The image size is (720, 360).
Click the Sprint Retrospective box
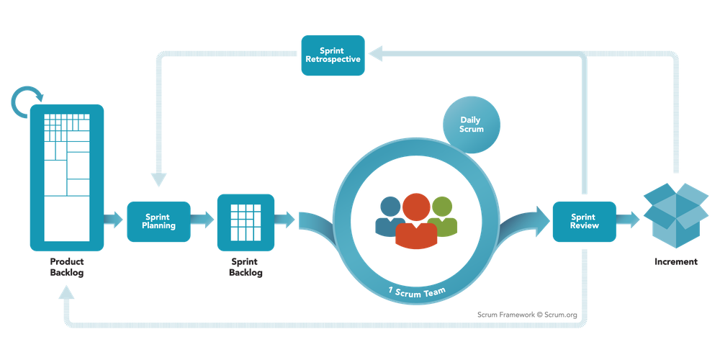[332, 55]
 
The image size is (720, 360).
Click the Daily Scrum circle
[472, 124]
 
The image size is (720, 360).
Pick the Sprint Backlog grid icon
[246, 222]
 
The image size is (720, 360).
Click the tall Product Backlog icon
[67, 177]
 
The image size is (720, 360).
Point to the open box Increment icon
[675, 212]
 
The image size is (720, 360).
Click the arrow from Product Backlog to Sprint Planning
[114, 221]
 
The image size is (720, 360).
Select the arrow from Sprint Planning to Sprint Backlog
[204, 221]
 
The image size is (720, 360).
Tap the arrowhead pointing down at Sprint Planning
[158, 180]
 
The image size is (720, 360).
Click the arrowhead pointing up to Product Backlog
[66, 294]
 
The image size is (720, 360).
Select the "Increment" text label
[675, 261]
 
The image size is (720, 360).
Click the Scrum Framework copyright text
[528, 315]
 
